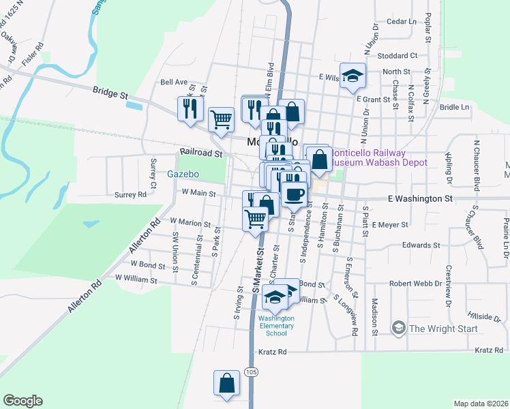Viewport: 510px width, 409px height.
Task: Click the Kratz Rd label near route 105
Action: coord(273,352)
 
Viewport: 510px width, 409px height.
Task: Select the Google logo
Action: coord(22,401)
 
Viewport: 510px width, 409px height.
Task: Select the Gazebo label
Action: coord(183,174)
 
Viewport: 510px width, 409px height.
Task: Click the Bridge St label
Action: coord(110,90)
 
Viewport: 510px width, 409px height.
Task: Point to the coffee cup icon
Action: coord(294,194)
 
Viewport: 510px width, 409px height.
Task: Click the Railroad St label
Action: coord(202,154)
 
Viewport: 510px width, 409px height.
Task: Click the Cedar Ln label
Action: coord(401,22)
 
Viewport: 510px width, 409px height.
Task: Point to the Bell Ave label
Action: coord(173,82)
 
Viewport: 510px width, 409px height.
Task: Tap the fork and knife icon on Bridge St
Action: coord(190,109)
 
